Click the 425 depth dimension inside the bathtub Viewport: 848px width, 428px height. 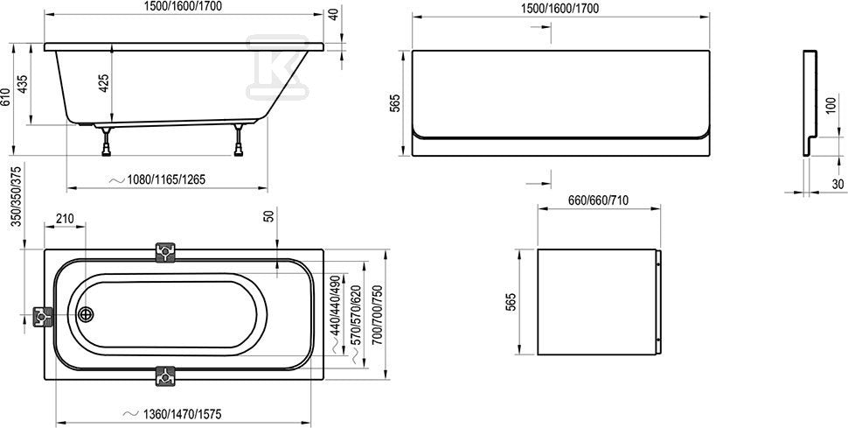[105, 83]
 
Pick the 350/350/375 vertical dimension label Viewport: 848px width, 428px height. [17, 195]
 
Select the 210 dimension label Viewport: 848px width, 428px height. [65, 219]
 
